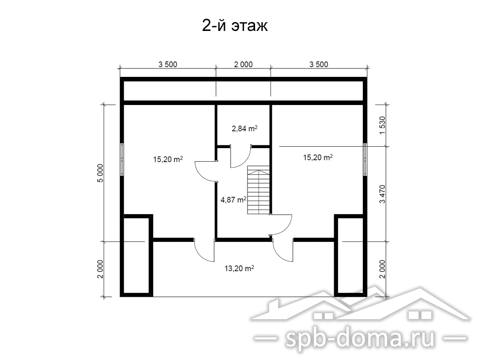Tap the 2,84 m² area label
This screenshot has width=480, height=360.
coord(244,128)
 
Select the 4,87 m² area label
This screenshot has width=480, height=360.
coord(233,200)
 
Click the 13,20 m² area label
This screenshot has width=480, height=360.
coord(239,269)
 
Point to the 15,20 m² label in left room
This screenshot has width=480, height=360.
coord(168,159)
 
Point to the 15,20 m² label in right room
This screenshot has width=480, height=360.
coord(318,157)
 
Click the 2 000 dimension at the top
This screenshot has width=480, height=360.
coord(243,64)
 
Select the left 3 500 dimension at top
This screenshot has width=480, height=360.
coord(168,64)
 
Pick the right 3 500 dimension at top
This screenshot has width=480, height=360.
coord(319,64)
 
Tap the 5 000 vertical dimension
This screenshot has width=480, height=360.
coord(100,173)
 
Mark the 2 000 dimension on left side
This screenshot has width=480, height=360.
coord(100,269)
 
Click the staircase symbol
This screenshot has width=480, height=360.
coord(258,190)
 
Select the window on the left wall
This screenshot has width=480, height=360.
coord(122,159)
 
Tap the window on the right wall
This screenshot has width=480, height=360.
coord(365,159)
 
